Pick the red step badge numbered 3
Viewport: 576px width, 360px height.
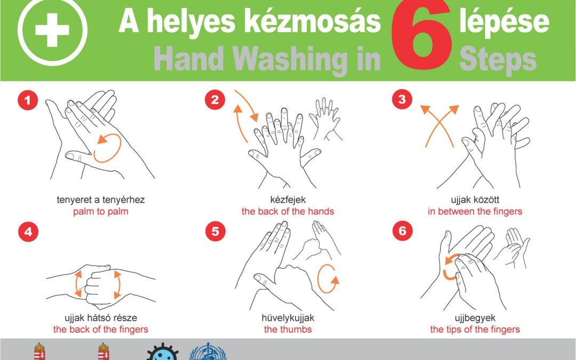pyautogui.click(x=402, y=99)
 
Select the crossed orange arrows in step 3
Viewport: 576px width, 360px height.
pyautogui.click(x=439, y=125)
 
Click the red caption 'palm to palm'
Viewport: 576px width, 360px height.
pyautogui.click(x=101, y=212)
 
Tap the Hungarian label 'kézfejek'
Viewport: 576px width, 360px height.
pyautogui.click(x=287, y=200)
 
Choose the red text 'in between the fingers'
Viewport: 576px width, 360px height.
pyautogui.click(x=475, y=212)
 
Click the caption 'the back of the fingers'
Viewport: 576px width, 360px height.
pyautogui.click(x=101, y=329)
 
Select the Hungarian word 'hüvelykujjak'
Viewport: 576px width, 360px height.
pyautogui.click(x=288, y=318)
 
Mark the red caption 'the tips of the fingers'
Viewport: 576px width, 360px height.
pyautogui.click(x=475, y=329)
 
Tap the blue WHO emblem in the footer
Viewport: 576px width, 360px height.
pyautogui.click(x=204, y=352)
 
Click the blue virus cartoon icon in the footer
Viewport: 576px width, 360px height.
pyautogui.click(x=161, y=352)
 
